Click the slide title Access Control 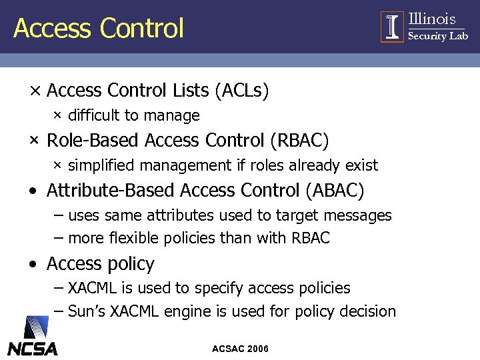(99, 28)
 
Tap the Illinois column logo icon (392, 27)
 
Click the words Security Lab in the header (437, 36)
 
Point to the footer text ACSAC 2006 (240, 349)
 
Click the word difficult (94, 115)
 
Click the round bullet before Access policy (33, 265)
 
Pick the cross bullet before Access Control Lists (33, 91)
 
